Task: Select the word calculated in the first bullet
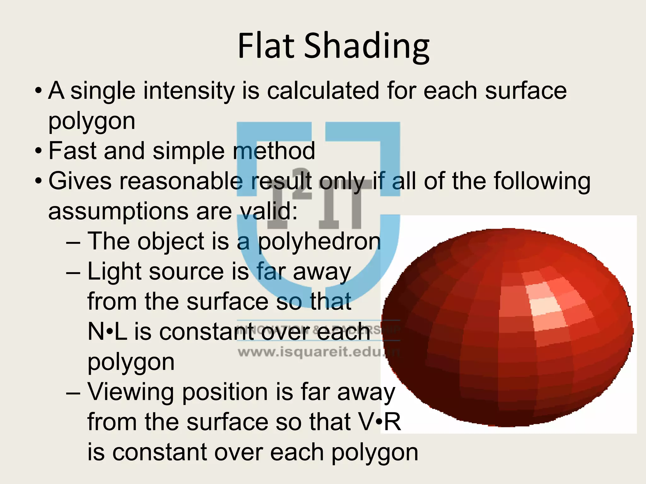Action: [x=323, y=91]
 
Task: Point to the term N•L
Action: [x=107, y=332]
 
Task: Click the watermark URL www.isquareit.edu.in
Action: [x=319, y=352]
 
